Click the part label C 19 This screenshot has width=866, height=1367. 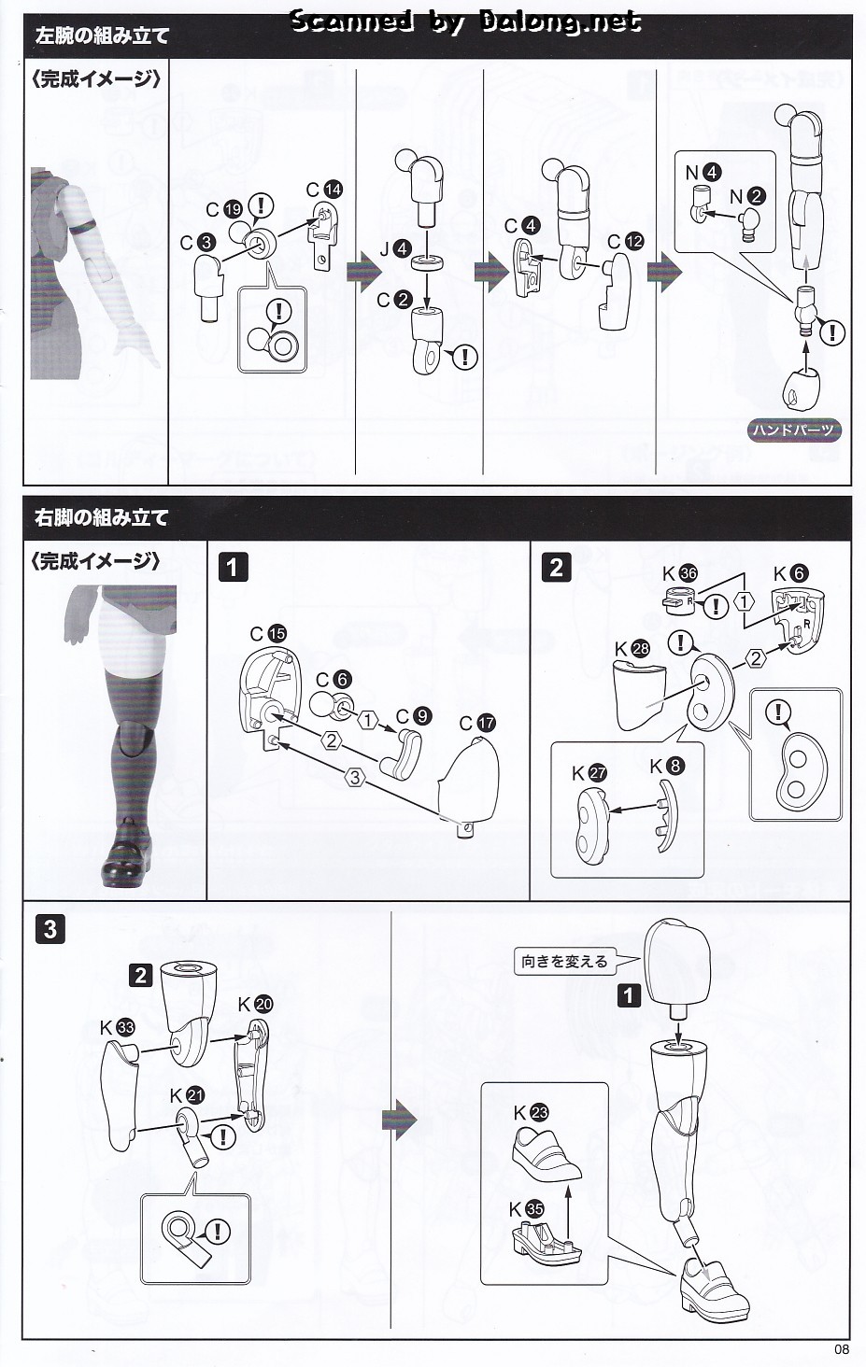pos(224,209)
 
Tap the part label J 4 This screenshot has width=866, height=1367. pos(394,249)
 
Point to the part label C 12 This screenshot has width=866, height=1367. pos(625,241)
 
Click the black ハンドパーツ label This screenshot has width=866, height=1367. pos(794,430)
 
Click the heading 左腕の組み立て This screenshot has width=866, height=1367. pos(103,36)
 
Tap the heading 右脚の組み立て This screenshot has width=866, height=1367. pos(102,517)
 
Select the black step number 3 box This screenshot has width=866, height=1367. pos(50,928)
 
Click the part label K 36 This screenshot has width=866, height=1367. pos(679,573)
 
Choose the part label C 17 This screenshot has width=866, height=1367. pos(476,723)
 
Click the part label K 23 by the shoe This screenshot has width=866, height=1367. pos(531,1112)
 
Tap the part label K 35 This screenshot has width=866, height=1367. pos(527,1208)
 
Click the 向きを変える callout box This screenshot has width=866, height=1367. pos(564,961)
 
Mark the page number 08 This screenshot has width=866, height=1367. pos(840,1348)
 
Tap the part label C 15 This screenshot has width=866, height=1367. pos(268,633)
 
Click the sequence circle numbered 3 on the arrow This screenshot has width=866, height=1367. pos(354,776)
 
